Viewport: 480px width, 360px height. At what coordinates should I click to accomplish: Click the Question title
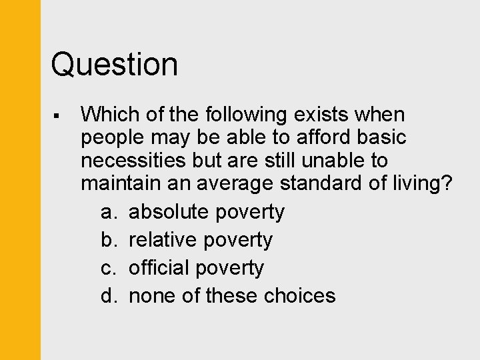coord(115,65)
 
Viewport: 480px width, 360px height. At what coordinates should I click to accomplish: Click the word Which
coord(107,115)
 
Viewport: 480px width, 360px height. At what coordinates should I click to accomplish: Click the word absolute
coord(168,212)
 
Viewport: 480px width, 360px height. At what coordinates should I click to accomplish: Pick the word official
coord(159,268)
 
